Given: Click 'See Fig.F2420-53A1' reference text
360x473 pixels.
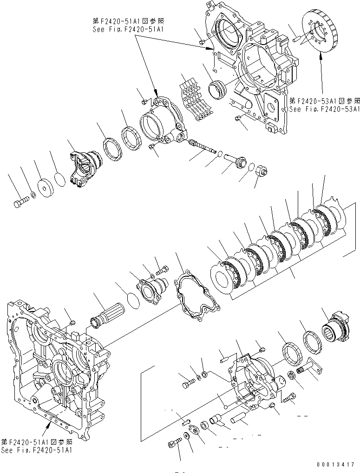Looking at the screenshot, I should pyautogui.click(x=324, y=110).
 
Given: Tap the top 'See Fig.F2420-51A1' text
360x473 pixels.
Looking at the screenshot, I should pyautogui.click(x=129, y=29).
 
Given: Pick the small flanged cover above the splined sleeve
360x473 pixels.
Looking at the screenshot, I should pyautogui.click(x=150, y=294).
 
